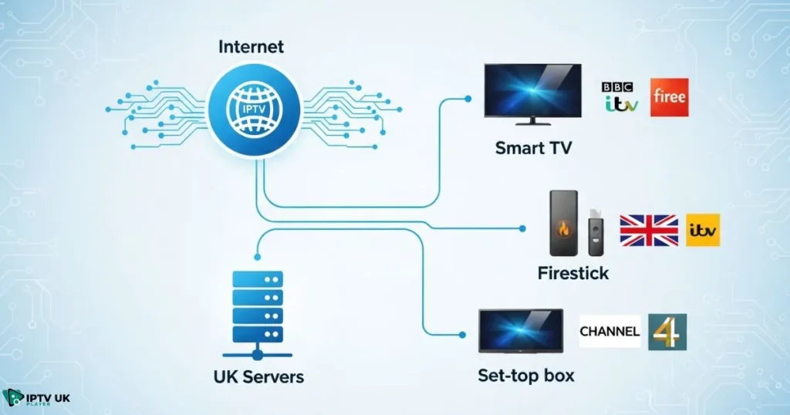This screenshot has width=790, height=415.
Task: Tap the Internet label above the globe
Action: tap(251, 47)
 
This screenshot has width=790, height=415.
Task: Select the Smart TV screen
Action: tap(532, 92)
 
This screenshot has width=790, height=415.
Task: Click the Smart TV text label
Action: tap(533, 147)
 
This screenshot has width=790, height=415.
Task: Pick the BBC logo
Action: tap(620, 86)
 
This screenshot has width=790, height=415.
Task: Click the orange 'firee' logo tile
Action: tap(667, 98)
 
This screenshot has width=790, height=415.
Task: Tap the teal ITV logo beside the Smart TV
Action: tap(620, 103)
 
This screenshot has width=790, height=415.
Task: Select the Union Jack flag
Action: tap(649, 230)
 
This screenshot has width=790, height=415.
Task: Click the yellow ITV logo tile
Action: tap(703, 230)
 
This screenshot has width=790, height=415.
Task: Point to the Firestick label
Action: tap(573, 273)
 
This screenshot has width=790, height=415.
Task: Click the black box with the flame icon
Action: tap(562, 224)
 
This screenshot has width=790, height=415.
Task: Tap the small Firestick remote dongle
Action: tap(596, 231)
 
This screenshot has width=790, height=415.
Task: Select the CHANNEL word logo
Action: tap(609, 332)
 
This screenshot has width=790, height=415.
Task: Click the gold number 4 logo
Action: tap(667, 332)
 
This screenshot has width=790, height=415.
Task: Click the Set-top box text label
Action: tap(525, 376)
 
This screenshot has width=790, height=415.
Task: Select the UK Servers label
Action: tap(258, 377)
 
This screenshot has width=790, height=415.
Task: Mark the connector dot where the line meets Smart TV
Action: tap(468, 99)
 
